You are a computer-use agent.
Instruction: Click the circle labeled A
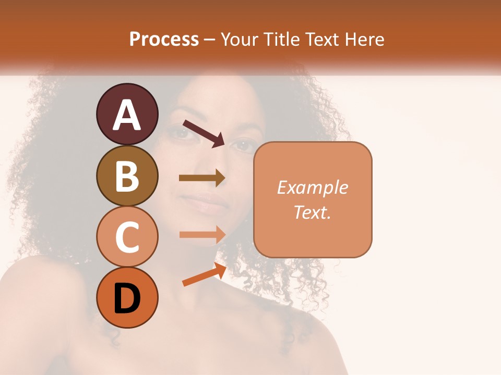pos(127,114)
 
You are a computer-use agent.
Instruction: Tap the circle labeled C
pos(127,236)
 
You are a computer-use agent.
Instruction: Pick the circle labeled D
pos(127,297)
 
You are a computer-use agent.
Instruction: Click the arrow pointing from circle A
pos(204,133)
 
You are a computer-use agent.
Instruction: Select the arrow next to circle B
pos(202,178)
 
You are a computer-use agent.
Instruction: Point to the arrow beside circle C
pos(202,234)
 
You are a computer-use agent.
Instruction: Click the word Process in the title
pos(164,40)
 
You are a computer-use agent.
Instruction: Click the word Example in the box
pos(312,187)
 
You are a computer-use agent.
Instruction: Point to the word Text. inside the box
pos(312,212)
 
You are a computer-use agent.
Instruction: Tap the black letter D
pos(127,298)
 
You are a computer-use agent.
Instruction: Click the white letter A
pos(127,115)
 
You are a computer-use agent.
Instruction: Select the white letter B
pos(127,176)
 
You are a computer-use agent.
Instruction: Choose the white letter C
pos(127,237)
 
